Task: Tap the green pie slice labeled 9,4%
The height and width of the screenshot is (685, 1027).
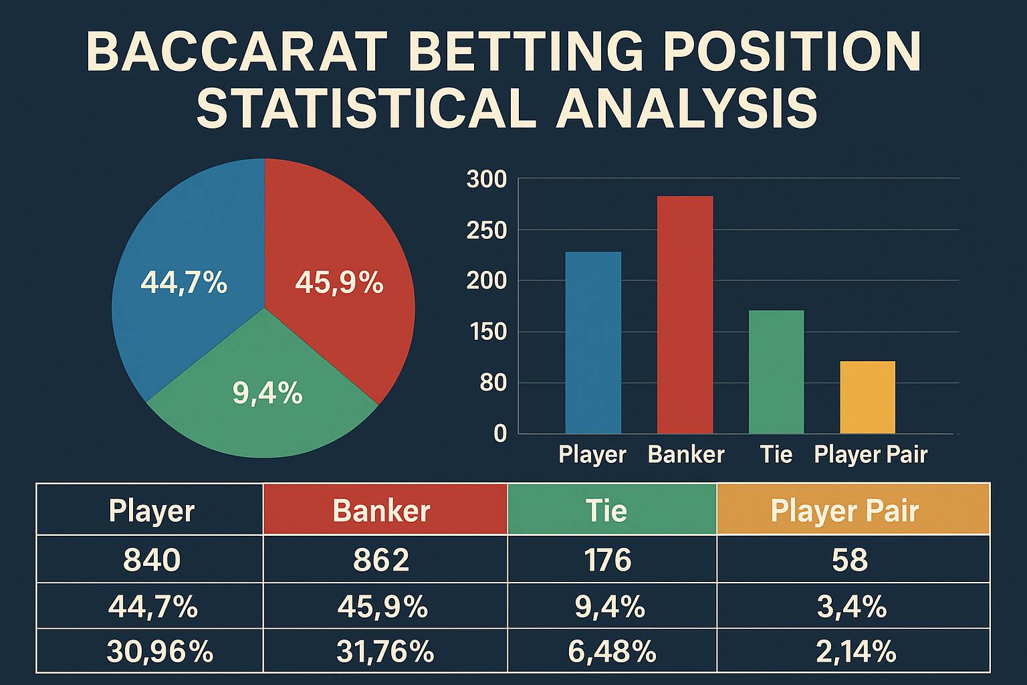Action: pyautogui.click(x=263, y=395)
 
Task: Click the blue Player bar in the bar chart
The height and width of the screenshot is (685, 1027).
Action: pyautogui.click(x=593, y=342)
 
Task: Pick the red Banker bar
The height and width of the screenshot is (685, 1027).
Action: pyautogui.click(x=685, y=315)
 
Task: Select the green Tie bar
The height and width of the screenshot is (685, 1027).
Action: pyautogui.click(x=776, y=372)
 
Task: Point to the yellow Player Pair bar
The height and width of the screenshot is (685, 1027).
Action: pyautogui.click(x=867, y=397)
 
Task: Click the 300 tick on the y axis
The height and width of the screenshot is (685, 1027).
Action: pyautogui.click(x=487, y=179)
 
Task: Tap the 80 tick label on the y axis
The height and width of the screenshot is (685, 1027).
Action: pyautogui.click(x=493, y=383)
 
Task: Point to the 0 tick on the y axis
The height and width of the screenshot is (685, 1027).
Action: pyautogui.click(x=500, y=433)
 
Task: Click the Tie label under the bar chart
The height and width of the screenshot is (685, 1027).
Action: pyautogui.click(x=776, y=454)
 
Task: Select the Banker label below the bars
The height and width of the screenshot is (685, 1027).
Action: pyautogui.click(x=686, y=454)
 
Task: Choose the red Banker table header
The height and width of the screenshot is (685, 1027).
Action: pyautogui.click(x=385, y=509)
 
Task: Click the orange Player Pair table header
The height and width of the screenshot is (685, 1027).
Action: pyautogui.click(x=853, y=509)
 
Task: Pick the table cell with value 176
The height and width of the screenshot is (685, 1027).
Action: pyautogui.click(x=612, y=559)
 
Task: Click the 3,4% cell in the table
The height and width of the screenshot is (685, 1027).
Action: pyautogui.click(x=853, y=606)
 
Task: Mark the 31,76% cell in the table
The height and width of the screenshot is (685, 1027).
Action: pyautogui.click(x=385, y=651)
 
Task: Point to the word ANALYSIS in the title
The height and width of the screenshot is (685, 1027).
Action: pyautogui.click(x=687, y=108)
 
